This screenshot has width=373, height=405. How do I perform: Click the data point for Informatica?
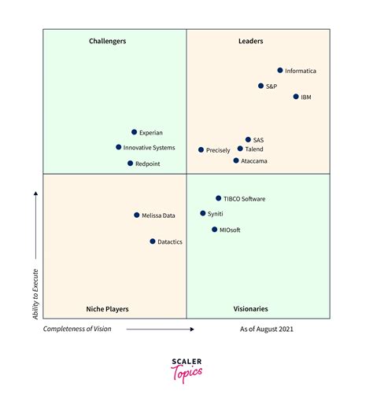coord(280,70)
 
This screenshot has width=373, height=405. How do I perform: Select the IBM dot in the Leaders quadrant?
coord(296,97)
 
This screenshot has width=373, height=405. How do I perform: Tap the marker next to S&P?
coord(260,86)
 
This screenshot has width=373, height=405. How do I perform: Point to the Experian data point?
coord(134,132)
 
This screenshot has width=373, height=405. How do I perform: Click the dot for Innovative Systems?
coord(119,147)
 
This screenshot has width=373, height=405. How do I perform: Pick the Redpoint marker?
coord(130,163)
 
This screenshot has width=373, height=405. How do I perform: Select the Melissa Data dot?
coord(136,215)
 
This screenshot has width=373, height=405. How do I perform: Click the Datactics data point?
coord(153,241)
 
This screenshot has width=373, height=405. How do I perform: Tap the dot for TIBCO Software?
coord(219,198)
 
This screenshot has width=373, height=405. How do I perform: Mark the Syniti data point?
coord(202,213)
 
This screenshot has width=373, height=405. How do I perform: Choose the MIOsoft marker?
coord(214,230)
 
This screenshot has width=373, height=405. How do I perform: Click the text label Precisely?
coord(218,149)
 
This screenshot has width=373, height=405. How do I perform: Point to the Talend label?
coord(254,149)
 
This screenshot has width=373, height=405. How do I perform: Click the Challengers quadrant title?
coord(108,41)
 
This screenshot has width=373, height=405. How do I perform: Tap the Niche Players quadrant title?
coord(107,309)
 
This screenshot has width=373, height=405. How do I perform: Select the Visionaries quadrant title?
coord(250,309)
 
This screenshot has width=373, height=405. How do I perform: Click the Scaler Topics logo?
coord(186,370)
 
